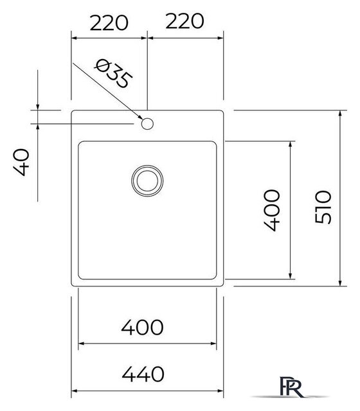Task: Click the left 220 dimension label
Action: (109, 23)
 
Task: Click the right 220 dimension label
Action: (184, 21)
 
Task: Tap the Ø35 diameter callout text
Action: (113, 74)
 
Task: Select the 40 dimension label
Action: (21, 162)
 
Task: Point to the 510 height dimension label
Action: (323, 207)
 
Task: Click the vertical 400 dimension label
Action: (271, 211)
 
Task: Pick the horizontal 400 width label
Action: (143, 328)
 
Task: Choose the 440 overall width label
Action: (143, 374)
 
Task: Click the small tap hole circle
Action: (147, 124)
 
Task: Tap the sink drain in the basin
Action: (147, 180)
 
